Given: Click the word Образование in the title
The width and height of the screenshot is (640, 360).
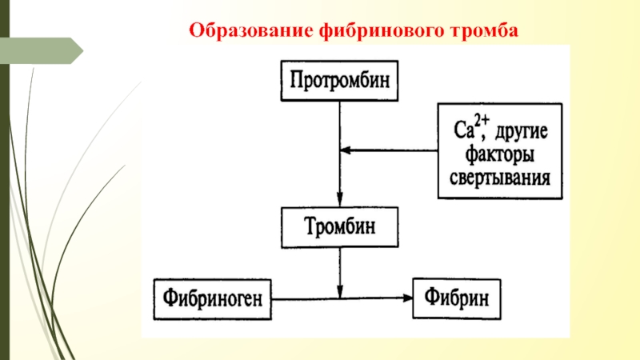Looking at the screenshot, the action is (250, 30).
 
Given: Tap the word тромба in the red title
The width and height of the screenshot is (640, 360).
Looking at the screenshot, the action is (484, 31).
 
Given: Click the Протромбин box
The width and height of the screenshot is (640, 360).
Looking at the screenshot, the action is (339, 81).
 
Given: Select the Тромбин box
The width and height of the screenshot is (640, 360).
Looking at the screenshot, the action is (339, 227).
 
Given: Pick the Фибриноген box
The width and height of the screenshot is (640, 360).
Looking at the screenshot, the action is (212, 299).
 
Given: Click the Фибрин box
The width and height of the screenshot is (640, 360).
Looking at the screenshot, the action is (457, 298).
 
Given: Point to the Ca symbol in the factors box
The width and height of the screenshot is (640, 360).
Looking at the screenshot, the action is (464, 130).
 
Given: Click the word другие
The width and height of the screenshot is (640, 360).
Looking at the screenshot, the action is (522, 132).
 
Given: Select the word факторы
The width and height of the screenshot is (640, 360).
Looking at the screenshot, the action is (499, 154).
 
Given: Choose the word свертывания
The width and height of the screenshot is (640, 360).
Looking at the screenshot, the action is (499, 178).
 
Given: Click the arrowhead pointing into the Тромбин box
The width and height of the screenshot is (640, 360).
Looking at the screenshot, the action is (339, 200).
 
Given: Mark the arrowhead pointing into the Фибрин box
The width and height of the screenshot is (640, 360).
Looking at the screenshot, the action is (407, 298).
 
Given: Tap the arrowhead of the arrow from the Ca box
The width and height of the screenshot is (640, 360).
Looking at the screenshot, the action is (346, 150).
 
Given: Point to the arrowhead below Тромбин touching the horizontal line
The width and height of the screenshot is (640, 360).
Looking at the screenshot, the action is (339, 292).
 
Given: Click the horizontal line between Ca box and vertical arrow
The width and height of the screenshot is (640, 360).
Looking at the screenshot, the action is (389, 150).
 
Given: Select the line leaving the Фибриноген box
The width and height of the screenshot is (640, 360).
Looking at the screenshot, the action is (342, 298).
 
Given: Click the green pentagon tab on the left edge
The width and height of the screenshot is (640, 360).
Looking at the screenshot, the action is (42, 50).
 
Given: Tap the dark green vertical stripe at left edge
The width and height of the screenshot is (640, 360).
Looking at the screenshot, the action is (5, 180).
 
